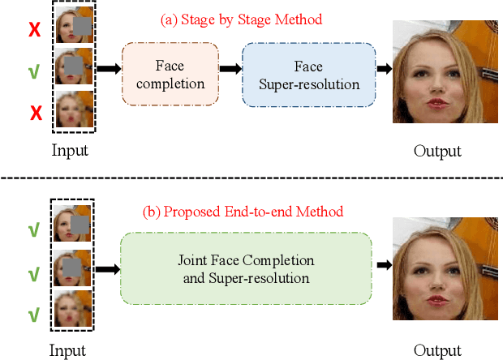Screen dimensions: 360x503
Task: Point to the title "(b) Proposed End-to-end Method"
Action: coord(243,212)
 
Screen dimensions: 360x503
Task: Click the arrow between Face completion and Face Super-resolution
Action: coord(230,70)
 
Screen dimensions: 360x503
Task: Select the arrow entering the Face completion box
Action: coord(107,70)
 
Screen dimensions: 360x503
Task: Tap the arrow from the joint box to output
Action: coord(382,264)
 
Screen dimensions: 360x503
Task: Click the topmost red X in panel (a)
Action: coord(34,30)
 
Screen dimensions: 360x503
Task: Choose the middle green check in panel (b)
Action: coord(34,272)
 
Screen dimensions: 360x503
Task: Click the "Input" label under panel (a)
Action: coord(70,151)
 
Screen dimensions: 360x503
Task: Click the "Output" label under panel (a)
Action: coord(437,152)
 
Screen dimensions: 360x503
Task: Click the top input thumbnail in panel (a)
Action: coord(74,28)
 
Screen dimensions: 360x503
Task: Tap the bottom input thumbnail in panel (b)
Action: coord(74,311)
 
